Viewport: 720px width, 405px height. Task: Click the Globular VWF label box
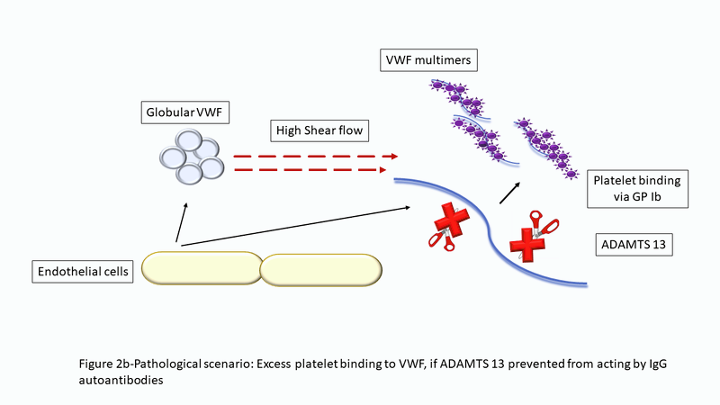(184, 114)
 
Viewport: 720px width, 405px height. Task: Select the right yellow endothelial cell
(320, 267)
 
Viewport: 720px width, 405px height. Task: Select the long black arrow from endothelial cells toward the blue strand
(297, 225)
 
